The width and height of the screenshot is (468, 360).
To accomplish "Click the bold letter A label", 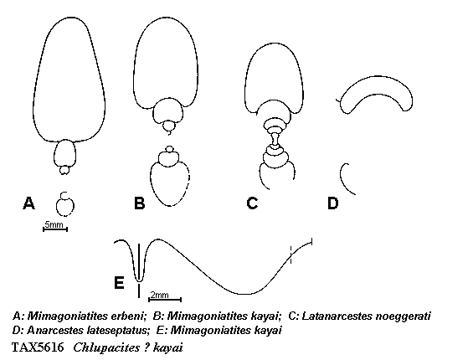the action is coord(28,203).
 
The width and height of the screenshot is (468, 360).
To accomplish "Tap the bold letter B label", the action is coord(140,203).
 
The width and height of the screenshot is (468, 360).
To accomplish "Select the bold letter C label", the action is coord(252,203).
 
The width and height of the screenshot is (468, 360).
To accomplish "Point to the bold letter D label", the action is coord(333,203).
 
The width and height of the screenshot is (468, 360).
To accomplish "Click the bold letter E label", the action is coord(119,282).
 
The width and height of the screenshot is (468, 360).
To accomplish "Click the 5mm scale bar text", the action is coord(54,224).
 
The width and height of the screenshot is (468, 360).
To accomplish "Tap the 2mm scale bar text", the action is coord(159,295).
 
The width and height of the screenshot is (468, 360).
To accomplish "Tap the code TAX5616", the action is coord(38,347).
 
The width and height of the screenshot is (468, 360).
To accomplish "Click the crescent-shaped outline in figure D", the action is coord(376,78).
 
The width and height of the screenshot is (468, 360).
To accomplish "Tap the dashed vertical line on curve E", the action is coord(291,255).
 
